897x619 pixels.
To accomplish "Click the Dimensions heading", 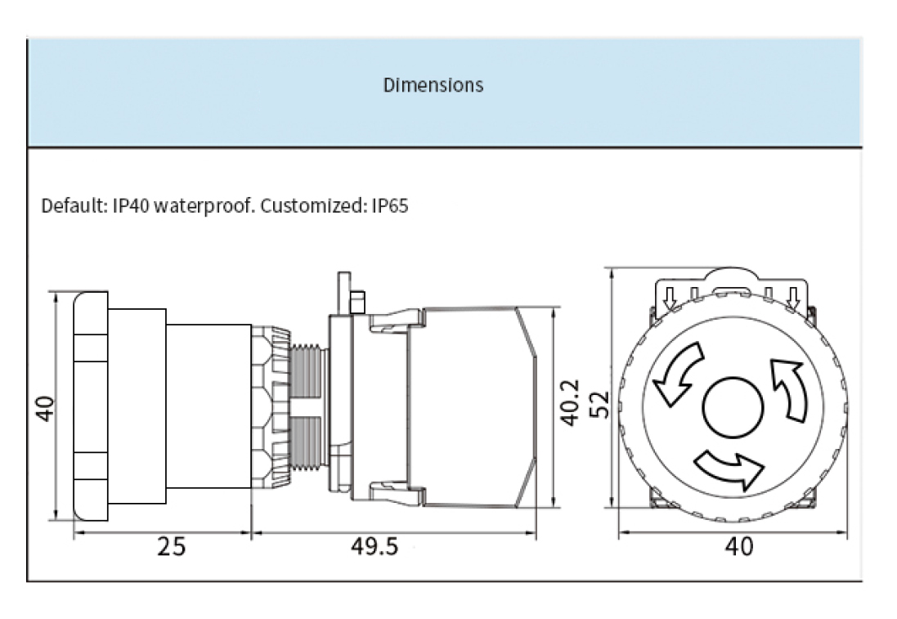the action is (x=433, y=85).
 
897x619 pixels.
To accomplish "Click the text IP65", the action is (x=390, y=205).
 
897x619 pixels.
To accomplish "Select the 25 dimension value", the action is (x=172, y=547).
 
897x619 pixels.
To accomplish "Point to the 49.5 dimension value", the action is (x=374, y=546).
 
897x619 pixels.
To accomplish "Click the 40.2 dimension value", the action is (x=570, y=403).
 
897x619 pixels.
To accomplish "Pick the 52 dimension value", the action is (x=599, y=405).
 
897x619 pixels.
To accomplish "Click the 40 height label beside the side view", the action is (x=45, y=409).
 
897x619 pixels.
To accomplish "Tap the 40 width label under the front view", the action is (x=739, y=547).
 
